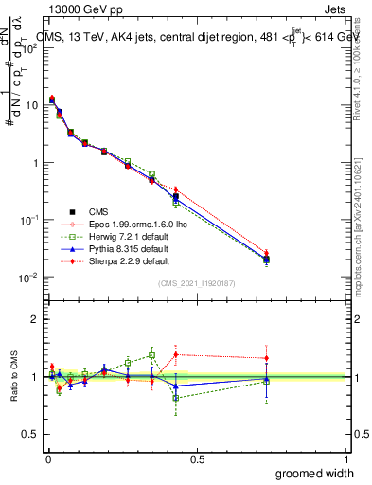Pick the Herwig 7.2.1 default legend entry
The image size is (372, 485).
pyautogui.click(x=113, y=236)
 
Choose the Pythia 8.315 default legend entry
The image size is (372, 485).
pyautogui.click(x=112, y=248)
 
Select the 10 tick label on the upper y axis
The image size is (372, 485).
pyautogui.click(x=31, y=105)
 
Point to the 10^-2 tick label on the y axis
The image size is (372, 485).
pyautogui.click(x=29, y=277)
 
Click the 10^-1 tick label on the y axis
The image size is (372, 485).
pyautogui.click(x=29, y=220)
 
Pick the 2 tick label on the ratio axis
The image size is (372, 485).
pyautogui.click(x=35, y=319)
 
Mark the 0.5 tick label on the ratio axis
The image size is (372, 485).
pyautogui.click(x=31, y=434)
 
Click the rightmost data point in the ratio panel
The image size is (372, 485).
pyautogui.click(x=267, y=379)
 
